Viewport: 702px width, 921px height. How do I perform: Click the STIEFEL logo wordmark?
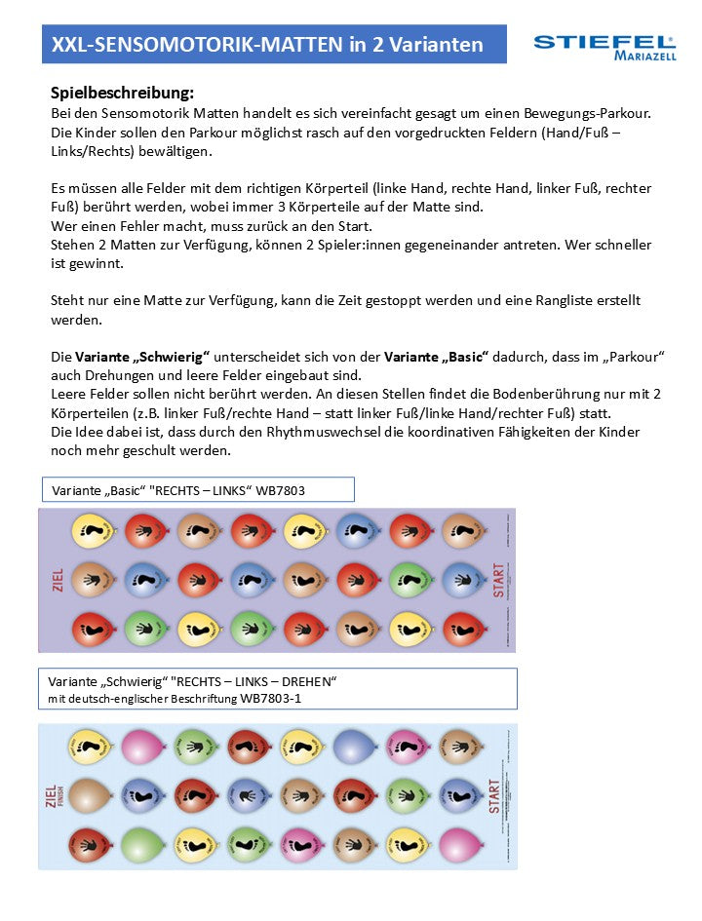click(x=604, y=42)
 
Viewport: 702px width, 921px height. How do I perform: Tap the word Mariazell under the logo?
click(x=643, y=57)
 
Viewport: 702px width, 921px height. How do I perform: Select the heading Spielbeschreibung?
click(x=122, y=94)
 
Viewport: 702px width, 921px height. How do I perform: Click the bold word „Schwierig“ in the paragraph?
click(x=173, y=357)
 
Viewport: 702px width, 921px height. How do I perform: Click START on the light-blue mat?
click(x=494, y=796)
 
